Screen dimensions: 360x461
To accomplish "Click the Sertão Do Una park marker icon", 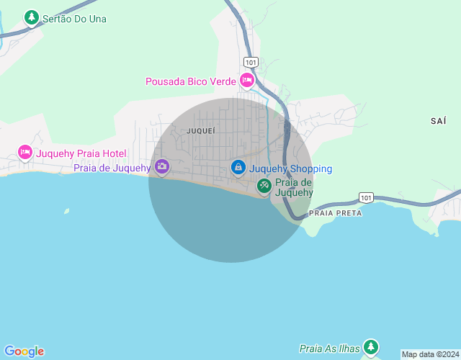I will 31,17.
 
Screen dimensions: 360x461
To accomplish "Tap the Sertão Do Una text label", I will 74,19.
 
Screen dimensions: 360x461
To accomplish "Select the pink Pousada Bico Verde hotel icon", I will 247,79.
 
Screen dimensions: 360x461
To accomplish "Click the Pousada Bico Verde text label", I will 191,81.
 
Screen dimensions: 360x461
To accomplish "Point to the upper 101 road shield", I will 251,62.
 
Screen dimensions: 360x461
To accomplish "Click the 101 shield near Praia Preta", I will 366,197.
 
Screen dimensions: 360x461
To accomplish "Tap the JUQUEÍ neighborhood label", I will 200,131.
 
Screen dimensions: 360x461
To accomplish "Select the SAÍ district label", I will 438,121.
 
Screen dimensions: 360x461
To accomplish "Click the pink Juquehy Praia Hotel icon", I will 25,152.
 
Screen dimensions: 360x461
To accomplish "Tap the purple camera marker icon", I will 162,167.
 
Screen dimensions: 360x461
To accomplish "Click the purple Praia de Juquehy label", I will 112,168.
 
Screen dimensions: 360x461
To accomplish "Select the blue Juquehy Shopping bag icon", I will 238,167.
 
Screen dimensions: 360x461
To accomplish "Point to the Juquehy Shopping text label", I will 291,169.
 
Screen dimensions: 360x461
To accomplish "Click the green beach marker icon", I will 264,186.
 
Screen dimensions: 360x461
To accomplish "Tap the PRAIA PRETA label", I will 334,213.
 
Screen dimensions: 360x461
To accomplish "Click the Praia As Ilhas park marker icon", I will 370,346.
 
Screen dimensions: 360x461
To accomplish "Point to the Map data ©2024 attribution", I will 430,354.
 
